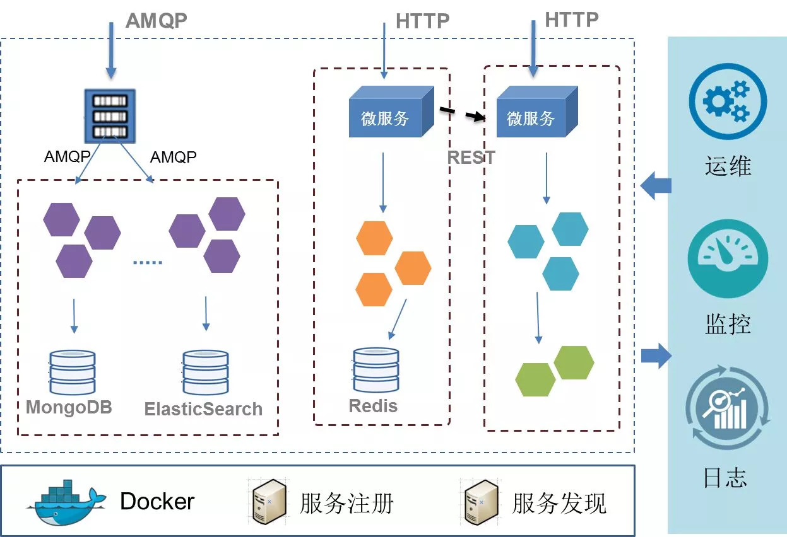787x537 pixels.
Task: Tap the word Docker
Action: pos(157,502)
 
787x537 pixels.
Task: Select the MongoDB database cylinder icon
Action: pos(72,372)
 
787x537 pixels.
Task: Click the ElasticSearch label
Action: pos(203,409)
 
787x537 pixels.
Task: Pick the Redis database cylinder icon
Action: pos(376,370)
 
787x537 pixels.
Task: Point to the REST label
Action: pos(471,158)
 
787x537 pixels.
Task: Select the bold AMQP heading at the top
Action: pos(156,20)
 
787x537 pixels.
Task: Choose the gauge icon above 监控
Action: pos(728,257)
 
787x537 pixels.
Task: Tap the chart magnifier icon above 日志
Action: pos(727,410)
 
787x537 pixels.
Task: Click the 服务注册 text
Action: pos(346,503)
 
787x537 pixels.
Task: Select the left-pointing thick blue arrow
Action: pos(656,186)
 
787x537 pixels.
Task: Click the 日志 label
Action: pos(725,478)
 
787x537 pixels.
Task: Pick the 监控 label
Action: pos(727,324)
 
